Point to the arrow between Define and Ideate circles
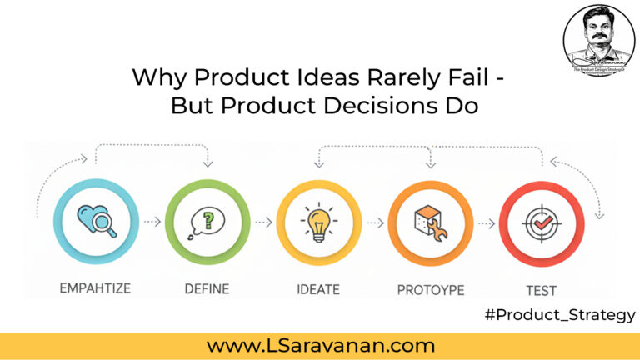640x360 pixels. click(x=262, y=223)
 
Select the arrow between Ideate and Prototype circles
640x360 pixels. click(x=373, y=223)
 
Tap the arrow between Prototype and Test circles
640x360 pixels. click(x=484, y=223)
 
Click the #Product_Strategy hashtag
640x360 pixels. click(x=559, y=315)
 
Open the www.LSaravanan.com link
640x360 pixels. click(x=320, y=344)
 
